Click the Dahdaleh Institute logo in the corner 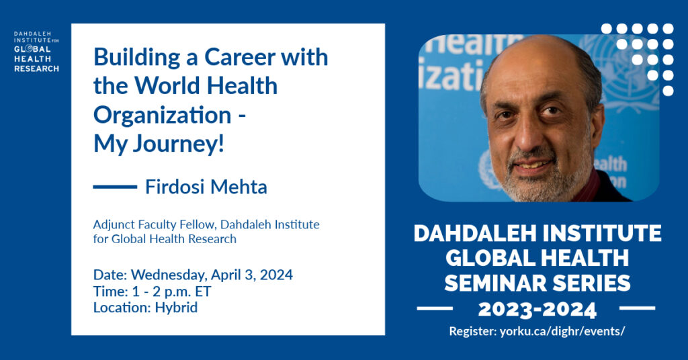[36, 52]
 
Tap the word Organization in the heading [163, 116]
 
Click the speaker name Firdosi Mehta [206, 187]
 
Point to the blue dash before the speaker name [115, 187]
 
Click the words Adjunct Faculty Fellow [155, 225]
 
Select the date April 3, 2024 [252, 275]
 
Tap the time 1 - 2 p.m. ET [171, 291]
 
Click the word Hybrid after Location [176, 308]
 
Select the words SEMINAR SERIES [537, 283]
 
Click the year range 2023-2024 [537, 310]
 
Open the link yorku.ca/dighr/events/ [562, 332]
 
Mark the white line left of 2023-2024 [435, 308]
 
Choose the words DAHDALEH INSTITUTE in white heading [537, 233]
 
